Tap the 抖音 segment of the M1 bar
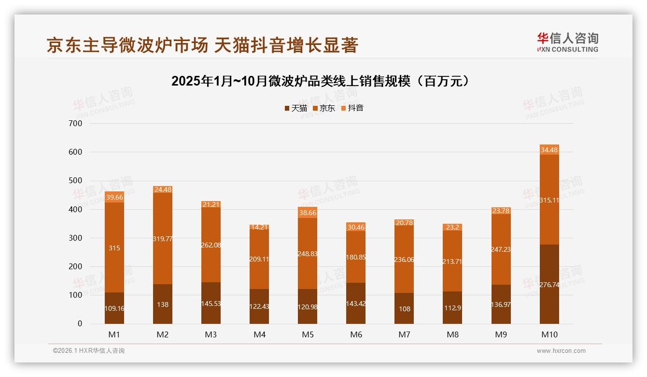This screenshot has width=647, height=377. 114,197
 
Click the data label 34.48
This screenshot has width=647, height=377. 549,150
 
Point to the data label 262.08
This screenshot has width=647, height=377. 211,245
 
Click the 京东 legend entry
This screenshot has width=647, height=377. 324,108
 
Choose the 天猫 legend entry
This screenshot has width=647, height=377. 295,108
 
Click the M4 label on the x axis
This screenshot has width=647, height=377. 259,334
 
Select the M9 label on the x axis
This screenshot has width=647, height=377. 501,334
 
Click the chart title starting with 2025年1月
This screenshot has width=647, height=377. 320,81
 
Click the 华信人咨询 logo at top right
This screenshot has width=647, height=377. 567,43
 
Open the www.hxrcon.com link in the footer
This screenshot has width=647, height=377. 561,351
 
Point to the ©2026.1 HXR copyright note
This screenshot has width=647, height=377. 88,351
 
